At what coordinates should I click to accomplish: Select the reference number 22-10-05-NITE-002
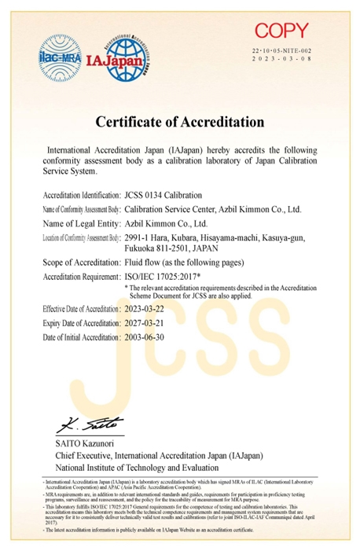(x=282, y=50)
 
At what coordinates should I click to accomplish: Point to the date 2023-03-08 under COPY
(x=282, y=59)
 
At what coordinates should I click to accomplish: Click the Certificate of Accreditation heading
(x=179, y=122)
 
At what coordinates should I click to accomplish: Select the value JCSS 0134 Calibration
(x=163, y=194)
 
